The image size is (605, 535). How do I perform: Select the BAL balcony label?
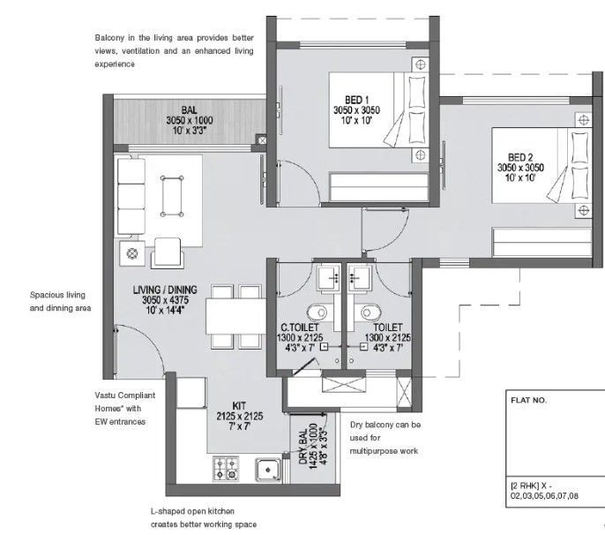pos(188,109)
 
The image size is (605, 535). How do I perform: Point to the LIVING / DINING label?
pos(164,289)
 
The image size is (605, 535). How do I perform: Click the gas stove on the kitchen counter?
pos(226,468)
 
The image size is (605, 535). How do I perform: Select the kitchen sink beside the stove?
pos(265,469)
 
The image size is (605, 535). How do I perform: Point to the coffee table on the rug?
pos(173,193)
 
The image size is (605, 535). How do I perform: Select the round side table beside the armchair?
pos(134,254)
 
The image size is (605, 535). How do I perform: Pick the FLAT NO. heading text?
pos(528,400)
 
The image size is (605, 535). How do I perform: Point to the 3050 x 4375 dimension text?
pos(164,300)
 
